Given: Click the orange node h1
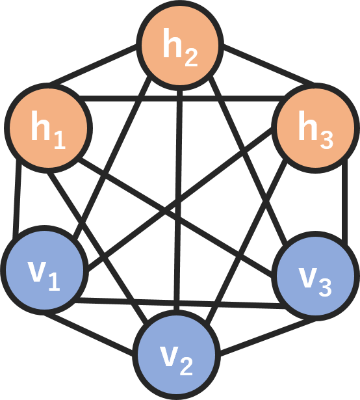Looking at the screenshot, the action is tap(48, 128).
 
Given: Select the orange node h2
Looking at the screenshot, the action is tap(180, 45).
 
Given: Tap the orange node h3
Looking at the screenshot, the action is tap(315, 128).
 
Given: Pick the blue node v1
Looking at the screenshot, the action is tap(45, 270).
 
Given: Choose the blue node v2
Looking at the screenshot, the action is tap(177, 355).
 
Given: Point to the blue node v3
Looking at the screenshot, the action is tap(315, 276).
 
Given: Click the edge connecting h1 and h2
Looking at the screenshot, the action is tap(93, 65).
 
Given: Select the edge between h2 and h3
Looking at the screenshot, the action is tap(269, 65).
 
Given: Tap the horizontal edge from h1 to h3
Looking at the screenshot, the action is tap(182, 98).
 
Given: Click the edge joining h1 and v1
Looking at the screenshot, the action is tap(17, 196).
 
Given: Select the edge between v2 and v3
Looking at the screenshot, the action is tap(268, 338).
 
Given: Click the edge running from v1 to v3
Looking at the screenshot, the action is tap(180, 303).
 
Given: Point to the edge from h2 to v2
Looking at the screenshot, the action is tap(179, 200).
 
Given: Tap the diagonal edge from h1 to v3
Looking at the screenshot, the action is tap(175, 217).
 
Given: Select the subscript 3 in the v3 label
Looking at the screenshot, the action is tap(325, 287).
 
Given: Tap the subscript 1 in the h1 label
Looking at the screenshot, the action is tap(60, 140).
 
